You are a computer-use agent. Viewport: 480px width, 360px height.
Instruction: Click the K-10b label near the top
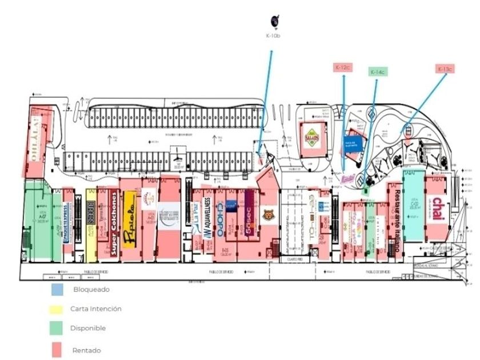tap(273, 36)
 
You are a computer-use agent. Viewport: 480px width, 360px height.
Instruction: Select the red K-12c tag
tap(342, 68)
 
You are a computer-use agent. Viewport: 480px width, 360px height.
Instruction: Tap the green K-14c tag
tap(377, 72)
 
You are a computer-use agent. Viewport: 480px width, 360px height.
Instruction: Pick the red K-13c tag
tap(444, 69)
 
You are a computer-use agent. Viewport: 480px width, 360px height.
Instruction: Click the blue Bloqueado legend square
tap(55, 290)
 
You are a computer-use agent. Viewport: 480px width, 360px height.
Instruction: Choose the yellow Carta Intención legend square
tap(55, 309)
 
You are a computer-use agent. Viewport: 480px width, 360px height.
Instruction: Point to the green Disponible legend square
tap(55, 329)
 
